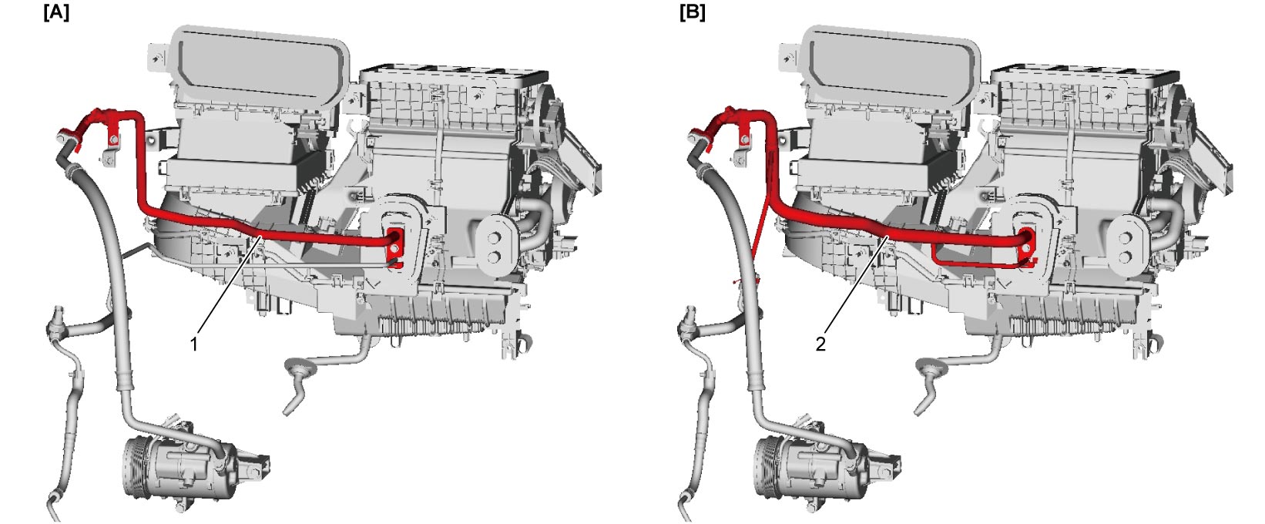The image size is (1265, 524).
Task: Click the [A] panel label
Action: tap(56, 13)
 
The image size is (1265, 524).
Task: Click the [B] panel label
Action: tap(692, 13)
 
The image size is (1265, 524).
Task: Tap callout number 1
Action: tap(194, 344)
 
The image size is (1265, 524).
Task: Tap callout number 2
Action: tap(820, 344)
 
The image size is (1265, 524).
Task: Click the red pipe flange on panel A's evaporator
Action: tap(396, 246)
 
